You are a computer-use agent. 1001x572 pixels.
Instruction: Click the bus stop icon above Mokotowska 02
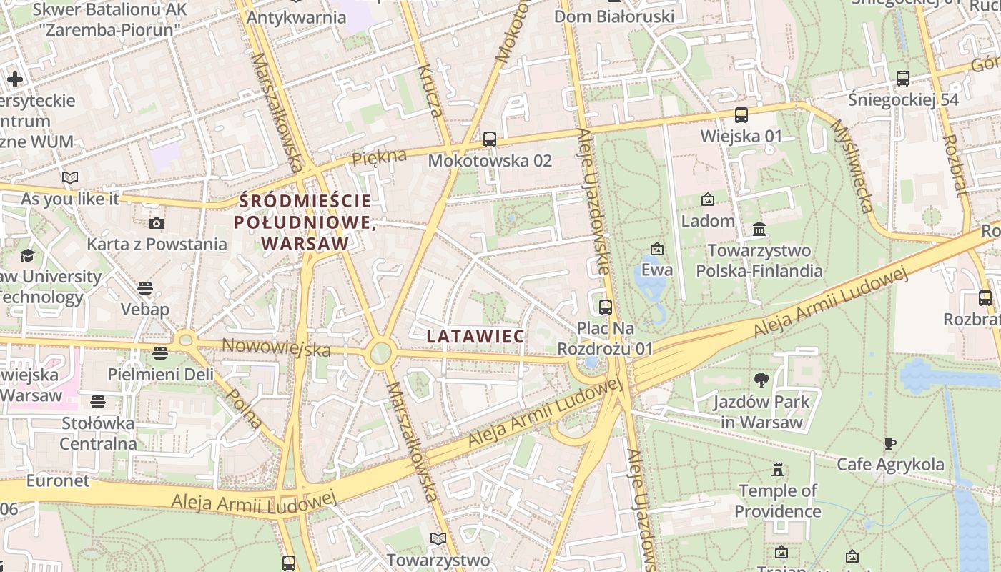coord(489,139)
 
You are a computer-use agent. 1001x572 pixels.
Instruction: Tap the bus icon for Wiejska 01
coord(741,114)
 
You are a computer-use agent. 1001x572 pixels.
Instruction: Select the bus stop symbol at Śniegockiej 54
coord(903,79)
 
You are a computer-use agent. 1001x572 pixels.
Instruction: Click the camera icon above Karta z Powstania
coord(157,223)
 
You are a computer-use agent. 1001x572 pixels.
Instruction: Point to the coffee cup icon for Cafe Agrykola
coord(890,444)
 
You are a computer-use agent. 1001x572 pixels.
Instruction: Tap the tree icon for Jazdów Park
coord(761,380)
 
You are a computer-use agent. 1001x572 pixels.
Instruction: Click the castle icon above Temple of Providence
coord(777,470)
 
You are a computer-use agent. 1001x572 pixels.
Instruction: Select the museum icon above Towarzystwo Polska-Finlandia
coord(759,230)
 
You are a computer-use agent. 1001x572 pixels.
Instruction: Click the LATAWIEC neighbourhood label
coord(475,335)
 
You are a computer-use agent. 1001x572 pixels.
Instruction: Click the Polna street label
coord(244,408)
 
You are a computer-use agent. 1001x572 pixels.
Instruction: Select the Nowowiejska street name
coord(276,347)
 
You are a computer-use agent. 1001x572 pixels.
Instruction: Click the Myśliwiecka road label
coord(852,165)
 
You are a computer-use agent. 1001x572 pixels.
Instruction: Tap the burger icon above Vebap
coord(145,288)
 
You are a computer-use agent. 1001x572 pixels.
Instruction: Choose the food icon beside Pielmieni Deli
coord(160,353)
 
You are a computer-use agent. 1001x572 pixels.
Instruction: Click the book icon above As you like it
coord(70,177)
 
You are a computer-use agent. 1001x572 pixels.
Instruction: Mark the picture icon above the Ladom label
coord(708,199)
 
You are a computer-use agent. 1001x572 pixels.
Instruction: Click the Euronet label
coord(58,480)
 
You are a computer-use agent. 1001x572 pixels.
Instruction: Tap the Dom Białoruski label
coord(614,16)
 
